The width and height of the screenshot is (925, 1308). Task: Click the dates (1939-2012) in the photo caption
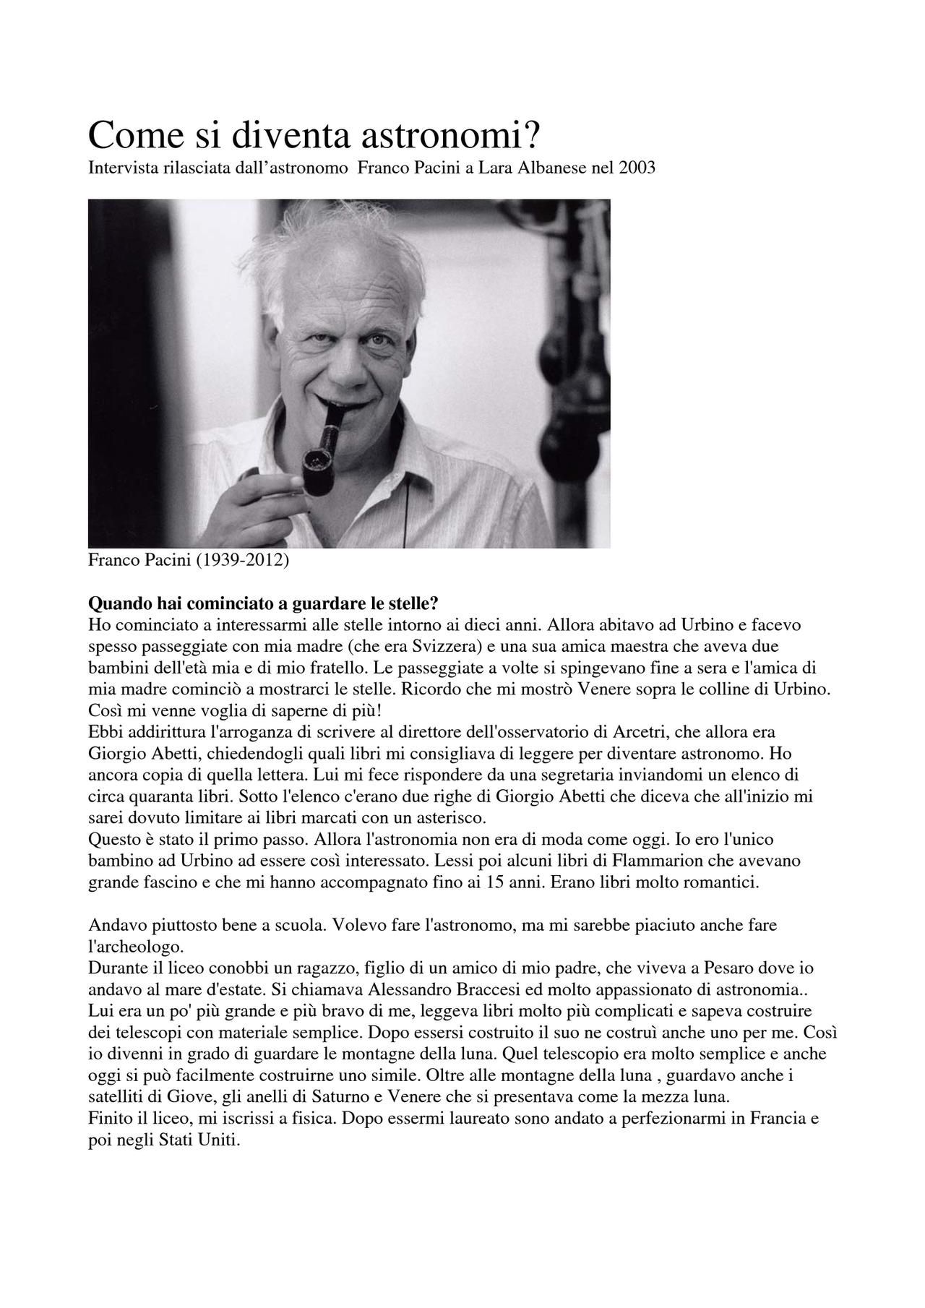(x=242, y=560)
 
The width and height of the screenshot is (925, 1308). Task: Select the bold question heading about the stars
(x=263, y=603)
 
